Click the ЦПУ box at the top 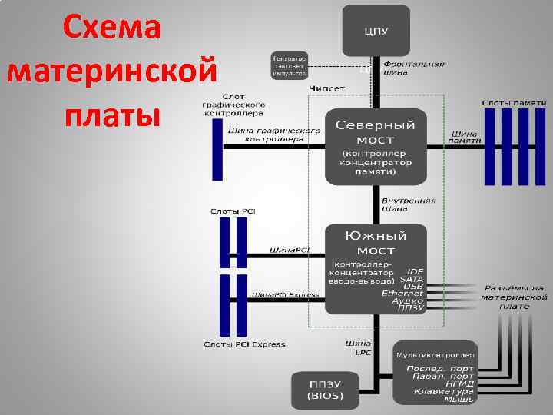pos(376,30)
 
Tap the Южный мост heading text pos(376,242)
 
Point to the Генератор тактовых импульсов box pos(289,65)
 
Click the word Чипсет pos(327,89)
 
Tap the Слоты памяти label pos(514,102)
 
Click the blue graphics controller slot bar pos(217,150)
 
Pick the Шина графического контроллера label pos(273,135)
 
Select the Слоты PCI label pos(233,211)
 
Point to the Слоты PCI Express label pos(244,344)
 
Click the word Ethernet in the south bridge pos(402,294)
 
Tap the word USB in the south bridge pos(413,286)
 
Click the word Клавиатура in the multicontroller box pos(445,391)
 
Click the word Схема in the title pos(112,28)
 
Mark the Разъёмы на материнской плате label pos(515,297)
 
